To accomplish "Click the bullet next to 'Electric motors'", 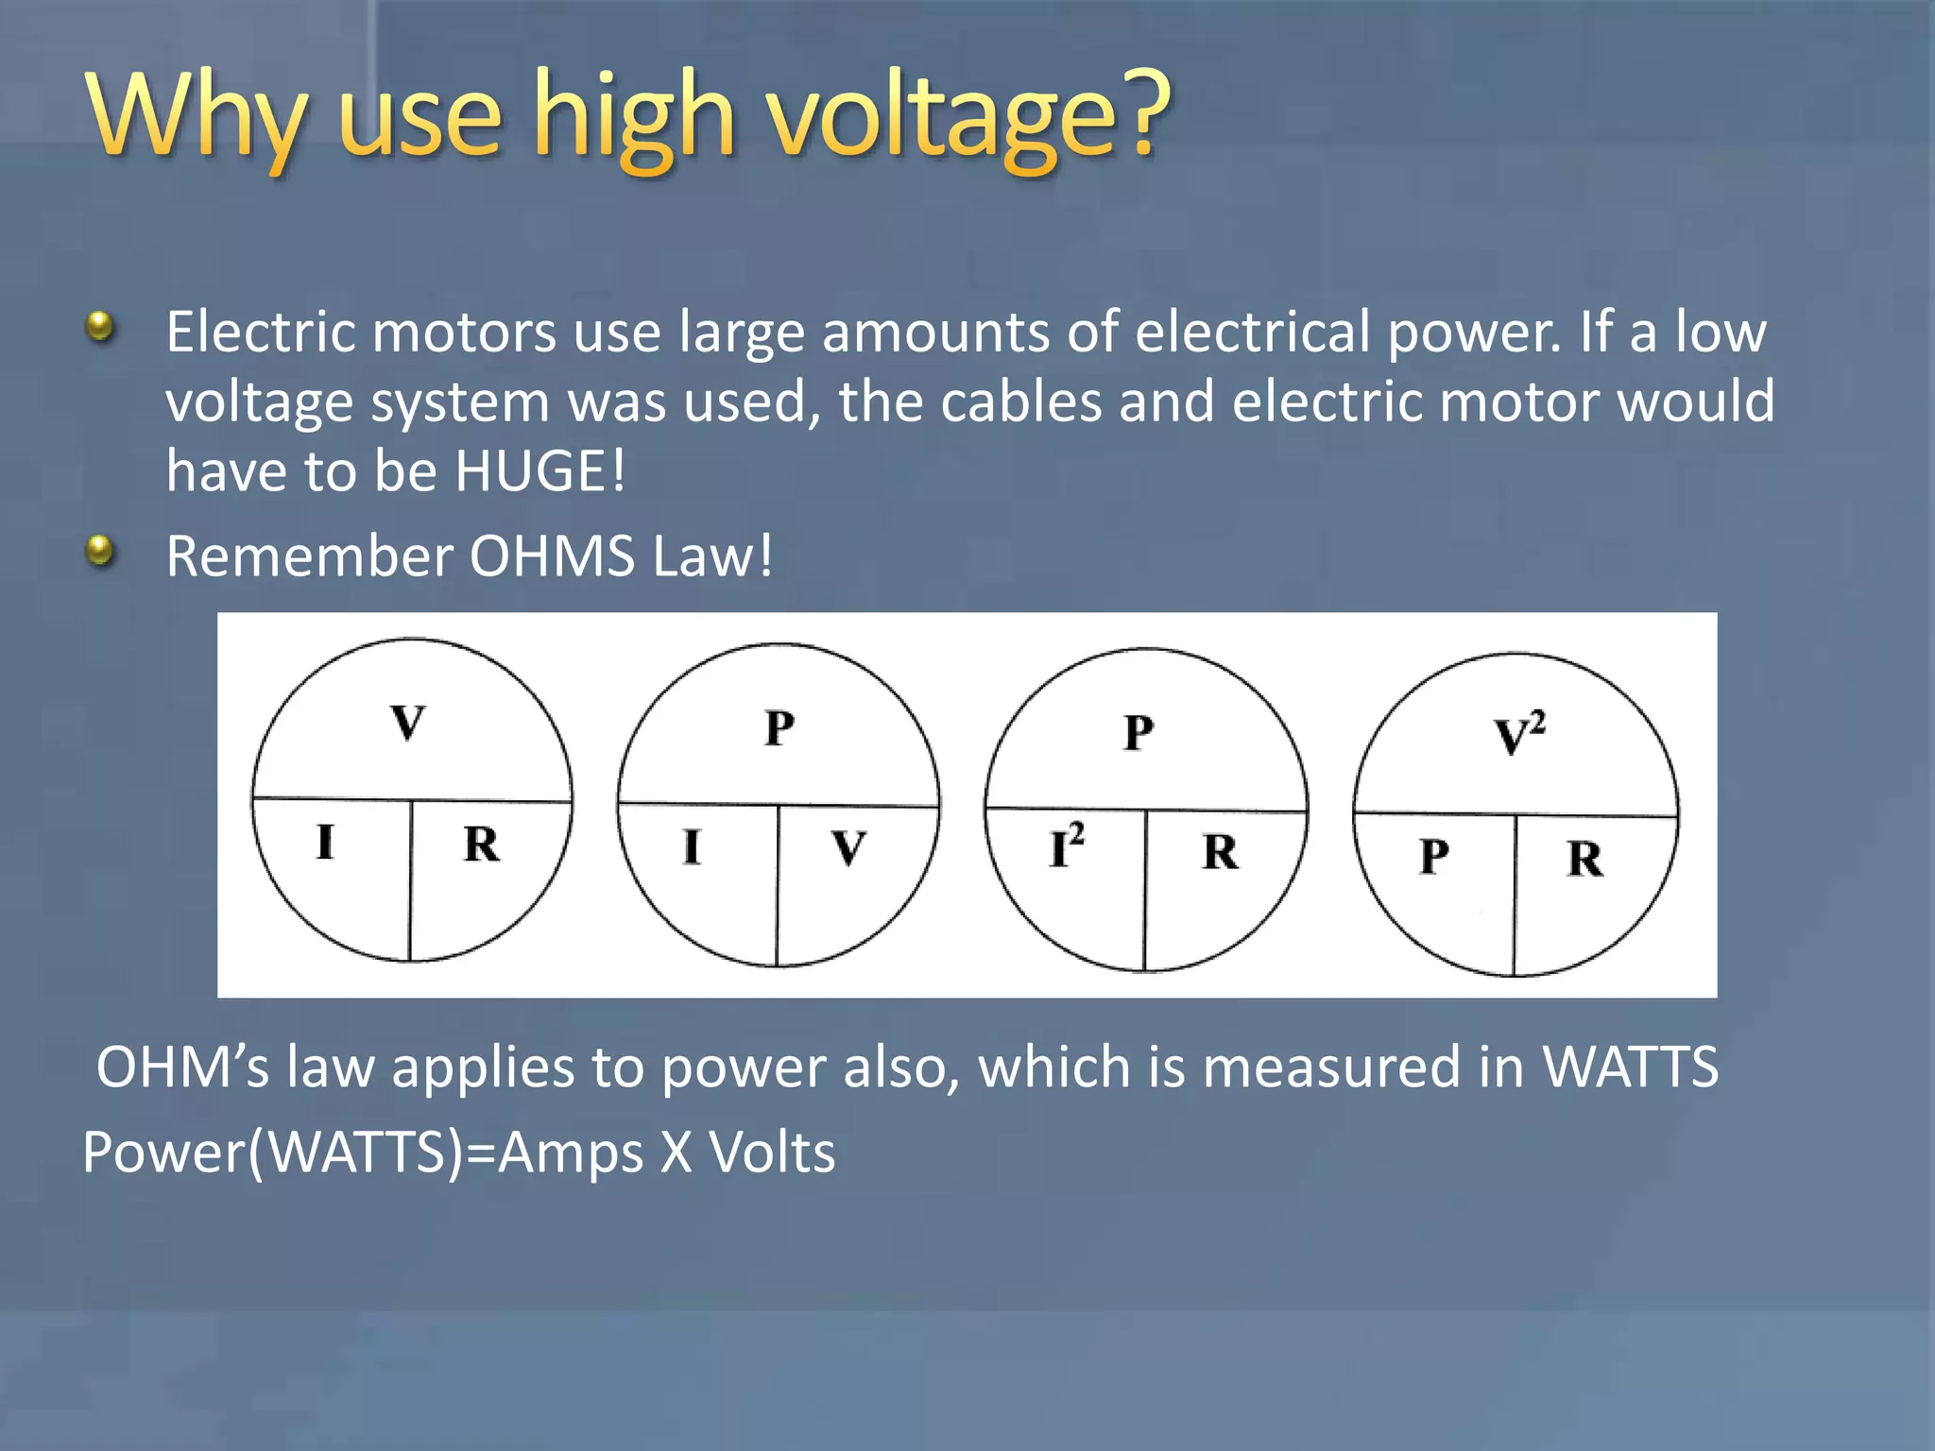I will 99,328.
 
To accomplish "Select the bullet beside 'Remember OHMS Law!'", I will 99,550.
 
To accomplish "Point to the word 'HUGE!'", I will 539,470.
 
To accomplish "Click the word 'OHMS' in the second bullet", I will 552,555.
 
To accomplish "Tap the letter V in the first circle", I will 408,724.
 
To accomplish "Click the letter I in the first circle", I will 325,842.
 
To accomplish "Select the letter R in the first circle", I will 481,844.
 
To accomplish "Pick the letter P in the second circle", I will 779,728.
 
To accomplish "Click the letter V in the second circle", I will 848,847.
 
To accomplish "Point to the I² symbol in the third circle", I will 1066,846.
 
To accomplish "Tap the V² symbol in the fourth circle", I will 1518,735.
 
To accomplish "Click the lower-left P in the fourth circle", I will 1433,857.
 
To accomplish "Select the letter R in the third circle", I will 1220,852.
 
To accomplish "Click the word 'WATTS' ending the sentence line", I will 1630,1067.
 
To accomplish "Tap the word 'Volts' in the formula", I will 772,1152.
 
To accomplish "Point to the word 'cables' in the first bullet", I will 1020,401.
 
